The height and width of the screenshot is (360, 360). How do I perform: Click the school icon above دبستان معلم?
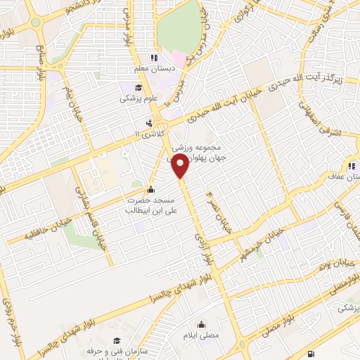(x=151, y=59)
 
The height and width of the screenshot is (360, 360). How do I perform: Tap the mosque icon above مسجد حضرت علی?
(x=150, y=190)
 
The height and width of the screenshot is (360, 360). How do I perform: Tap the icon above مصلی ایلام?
(x=202, y=325)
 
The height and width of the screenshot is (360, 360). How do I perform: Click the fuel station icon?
(x=311, y=352)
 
